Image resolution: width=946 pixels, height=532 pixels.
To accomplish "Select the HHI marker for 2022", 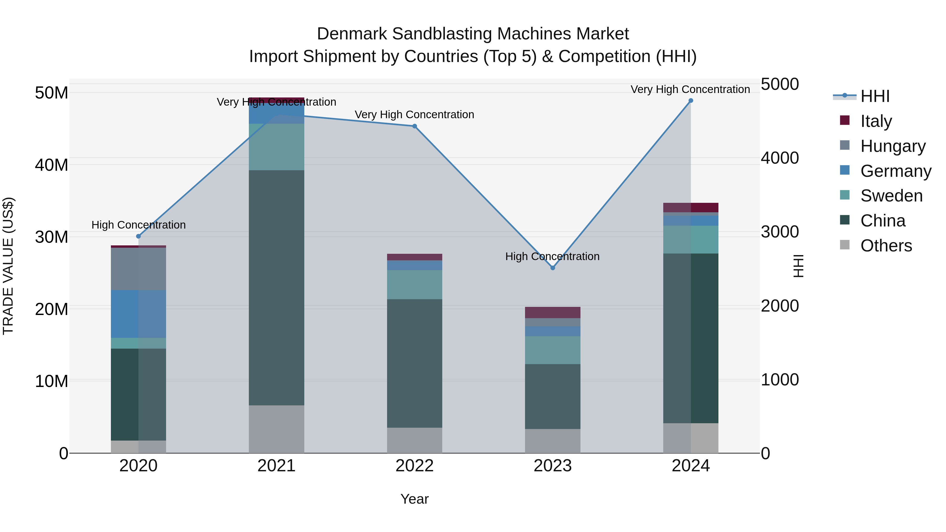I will pos(415,126).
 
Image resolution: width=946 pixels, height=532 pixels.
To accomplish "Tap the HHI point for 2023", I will pos(553,268).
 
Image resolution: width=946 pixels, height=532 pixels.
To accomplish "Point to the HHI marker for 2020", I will pos(138,236).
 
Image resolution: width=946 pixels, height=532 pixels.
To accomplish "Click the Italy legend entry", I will pos(876,121).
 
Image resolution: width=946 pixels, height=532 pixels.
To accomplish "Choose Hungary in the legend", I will pos(892,146).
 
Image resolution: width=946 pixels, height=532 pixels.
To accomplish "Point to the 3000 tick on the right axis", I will pos(779,232).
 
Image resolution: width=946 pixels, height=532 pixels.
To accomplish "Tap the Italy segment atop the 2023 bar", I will pos(553,312).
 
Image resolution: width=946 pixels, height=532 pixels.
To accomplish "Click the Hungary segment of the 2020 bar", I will pos(138,269).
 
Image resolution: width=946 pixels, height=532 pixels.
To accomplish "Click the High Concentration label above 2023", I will pos(552,256).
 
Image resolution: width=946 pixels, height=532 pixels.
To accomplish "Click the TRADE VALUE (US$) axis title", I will pos(8,266).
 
